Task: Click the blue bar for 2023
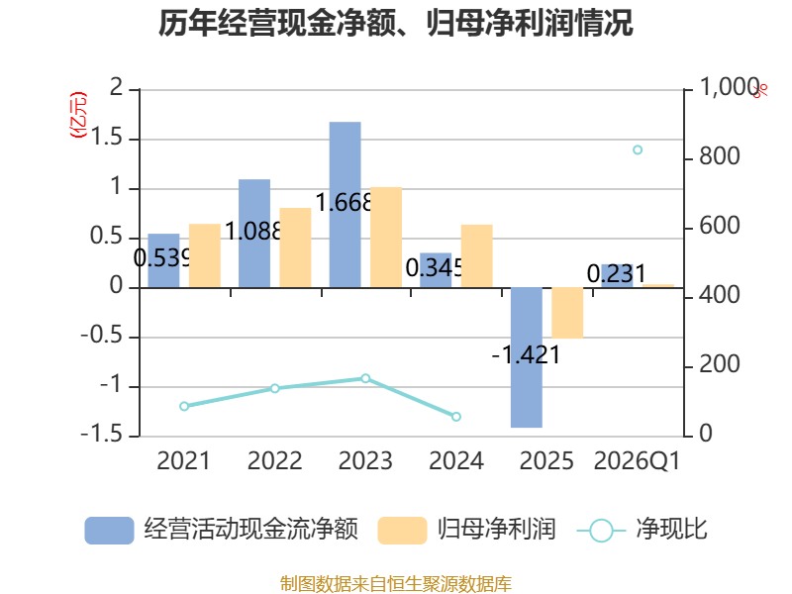point(345,205)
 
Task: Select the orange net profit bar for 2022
point(295,247)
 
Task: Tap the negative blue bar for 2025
point(527,357)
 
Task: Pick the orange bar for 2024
point(477,256)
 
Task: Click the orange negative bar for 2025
point(567,313)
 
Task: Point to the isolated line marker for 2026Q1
point(638,150)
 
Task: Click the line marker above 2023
point(365,378)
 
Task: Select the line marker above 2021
point(184,406)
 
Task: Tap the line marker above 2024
point(456,417)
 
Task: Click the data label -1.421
point(526,354)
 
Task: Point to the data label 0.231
point(617,274)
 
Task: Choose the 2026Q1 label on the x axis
point(637,460)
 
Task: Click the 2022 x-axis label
point(275,460)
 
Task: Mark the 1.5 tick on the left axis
point(107,137)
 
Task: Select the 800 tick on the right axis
point(720,156)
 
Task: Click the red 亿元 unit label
point(78,115)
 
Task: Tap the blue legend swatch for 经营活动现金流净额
point(109,531)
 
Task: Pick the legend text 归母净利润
point(497,530)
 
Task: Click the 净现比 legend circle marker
point(601,531)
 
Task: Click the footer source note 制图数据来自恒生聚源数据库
point(396,584)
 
